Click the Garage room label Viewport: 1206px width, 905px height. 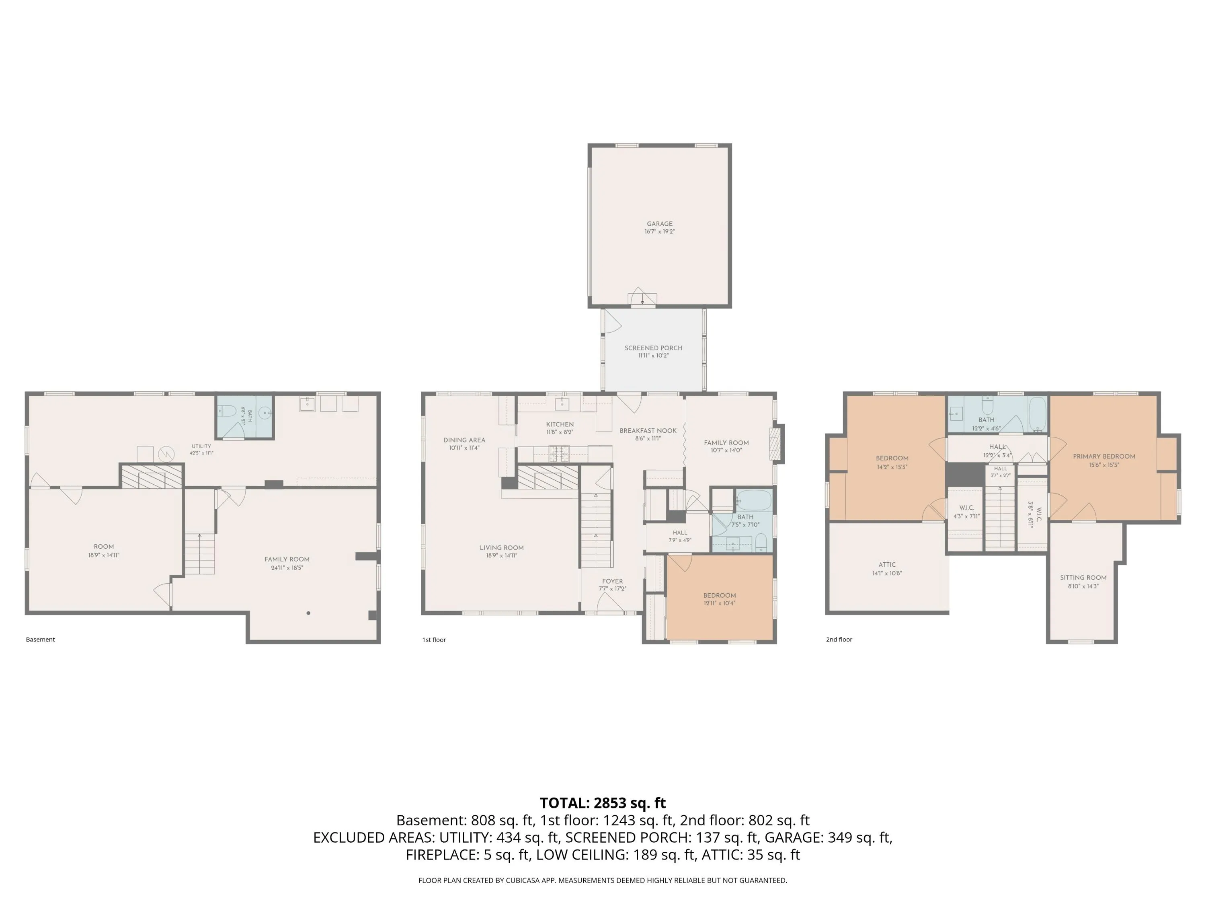660,224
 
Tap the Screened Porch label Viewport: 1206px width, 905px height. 653,348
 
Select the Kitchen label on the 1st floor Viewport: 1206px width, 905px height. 560,424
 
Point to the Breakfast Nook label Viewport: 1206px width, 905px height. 648,431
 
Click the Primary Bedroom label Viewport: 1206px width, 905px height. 1104,457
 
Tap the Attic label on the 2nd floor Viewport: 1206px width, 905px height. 887,565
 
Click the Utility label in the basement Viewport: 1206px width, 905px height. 201,446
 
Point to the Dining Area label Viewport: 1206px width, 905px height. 464,440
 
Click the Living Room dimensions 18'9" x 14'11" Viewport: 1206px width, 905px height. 502,555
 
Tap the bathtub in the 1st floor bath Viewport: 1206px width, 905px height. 754,500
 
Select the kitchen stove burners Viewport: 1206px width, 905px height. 558,450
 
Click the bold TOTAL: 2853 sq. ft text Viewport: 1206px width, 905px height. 603,803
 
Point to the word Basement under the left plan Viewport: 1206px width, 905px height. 40,640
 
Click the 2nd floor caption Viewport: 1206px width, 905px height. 839,640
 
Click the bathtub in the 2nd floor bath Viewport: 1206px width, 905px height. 1037,413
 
